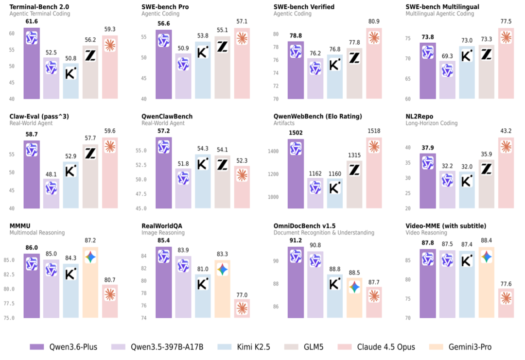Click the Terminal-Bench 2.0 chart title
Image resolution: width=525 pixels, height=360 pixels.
pos(39,7)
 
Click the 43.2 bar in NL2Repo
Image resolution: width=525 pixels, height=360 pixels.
pos(506,175)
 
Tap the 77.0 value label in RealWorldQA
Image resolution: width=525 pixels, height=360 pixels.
pos(242,295)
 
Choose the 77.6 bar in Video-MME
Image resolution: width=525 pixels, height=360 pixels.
pos(506,304)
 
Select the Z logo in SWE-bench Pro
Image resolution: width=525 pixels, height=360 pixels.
pos(222,47)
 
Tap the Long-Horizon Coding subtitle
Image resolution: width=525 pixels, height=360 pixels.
pos(431,123)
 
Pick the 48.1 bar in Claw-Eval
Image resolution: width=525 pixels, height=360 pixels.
pos(51,194)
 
